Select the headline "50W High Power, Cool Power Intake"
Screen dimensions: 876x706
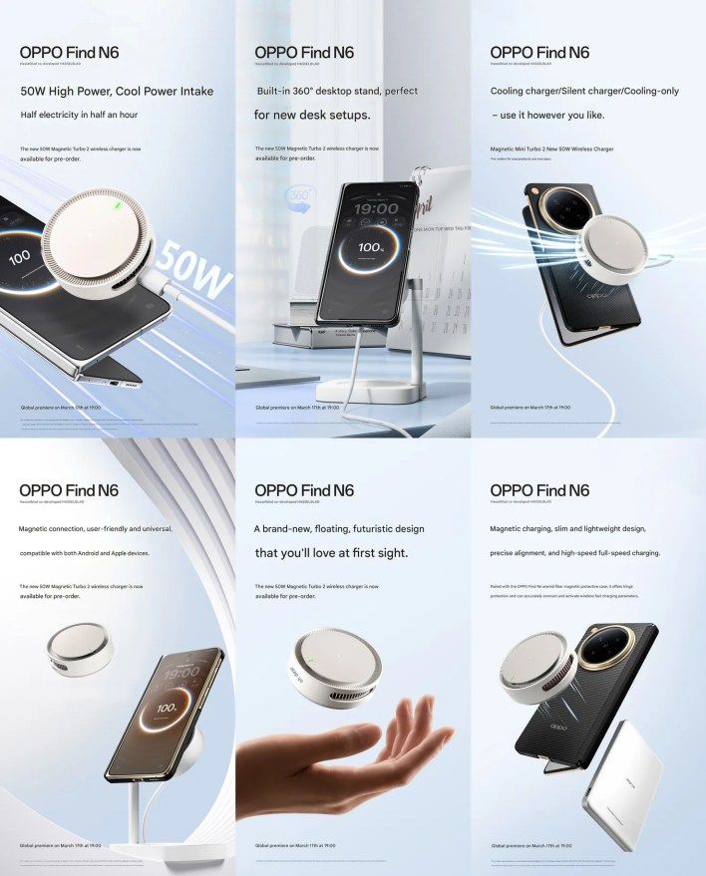point(117,91)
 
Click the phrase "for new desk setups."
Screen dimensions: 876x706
point(312,115)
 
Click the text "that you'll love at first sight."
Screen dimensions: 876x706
point(331,552)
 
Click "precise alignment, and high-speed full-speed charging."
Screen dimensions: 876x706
point(574,552)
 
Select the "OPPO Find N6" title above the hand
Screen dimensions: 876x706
point(304,490)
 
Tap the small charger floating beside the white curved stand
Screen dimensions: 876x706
point(80,647)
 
